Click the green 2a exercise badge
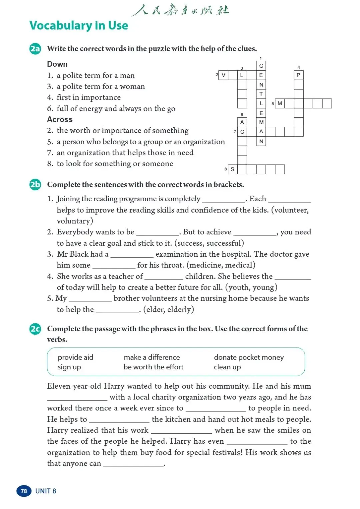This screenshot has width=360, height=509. [x=35, y=49]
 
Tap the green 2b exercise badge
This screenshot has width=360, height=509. [x=35, y=184]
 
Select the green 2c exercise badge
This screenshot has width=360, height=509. [x=35, y=329]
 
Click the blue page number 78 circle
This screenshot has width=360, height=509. [x=24, y=491]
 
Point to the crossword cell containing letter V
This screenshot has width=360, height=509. [x=223, y=75]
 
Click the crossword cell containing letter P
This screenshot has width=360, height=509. [x=298, y=75]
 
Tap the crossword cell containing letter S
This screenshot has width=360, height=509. [x=233, y=169]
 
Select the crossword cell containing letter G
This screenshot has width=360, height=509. [x=261, y=66]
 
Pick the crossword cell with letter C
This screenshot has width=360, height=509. [x=242, y=132]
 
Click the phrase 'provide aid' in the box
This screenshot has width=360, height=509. [x=75, y=357]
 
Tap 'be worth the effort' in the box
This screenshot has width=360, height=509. [x=153, y=367]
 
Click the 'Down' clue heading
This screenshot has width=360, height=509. [x=57, y=64]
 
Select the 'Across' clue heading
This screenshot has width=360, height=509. [x=60, y=119]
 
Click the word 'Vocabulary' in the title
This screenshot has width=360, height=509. [x=60, y=26]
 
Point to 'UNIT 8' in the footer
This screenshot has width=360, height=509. [x=46, y=491]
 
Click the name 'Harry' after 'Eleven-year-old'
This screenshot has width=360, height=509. [x=114, y=386]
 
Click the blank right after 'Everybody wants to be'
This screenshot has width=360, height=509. [x=158, y=233]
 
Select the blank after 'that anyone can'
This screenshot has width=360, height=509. [x=133, y=464]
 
